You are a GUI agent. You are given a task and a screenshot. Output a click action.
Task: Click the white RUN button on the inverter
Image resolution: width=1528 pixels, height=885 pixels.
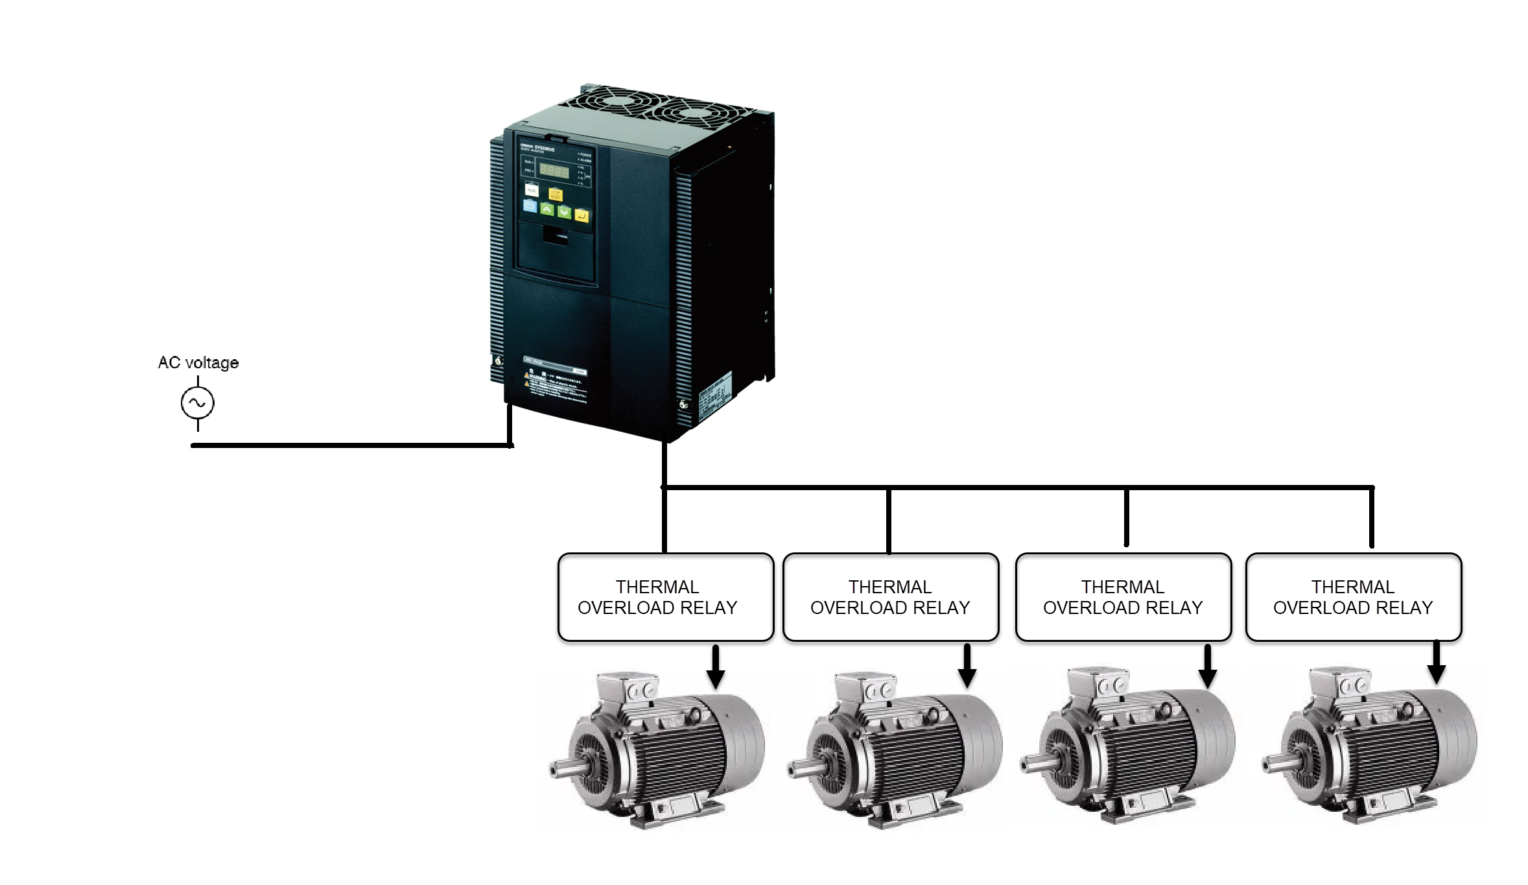[x=532, y=189]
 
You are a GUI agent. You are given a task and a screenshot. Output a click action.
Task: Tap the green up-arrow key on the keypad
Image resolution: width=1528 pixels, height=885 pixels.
[x=547, y=209]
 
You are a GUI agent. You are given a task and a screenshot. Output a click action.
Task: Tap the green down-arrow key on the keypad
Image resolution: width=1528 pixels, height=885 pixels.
[x=565, y=212]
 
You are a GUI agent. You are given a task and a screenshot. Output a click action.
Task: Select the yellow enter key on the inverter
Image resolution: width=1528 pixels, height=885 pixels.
[x=582, y=216]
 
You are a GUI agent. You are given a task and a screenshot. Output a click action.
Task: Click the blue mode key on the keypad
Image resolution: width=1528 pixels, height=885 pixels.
[x=530, y=206]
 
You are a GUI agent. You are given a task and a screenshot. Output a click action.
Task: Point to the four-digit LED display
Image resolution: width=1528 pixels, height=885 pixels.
[x=554, y=172]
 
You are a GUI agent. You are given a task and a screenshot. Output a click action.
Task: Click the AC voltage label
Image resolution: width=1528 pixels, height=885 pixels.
[x=198, y=362]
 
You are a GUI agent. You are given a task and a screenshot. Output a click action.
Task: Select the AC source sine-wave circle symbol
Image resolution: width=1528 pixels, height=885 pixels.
[x=197, y=403]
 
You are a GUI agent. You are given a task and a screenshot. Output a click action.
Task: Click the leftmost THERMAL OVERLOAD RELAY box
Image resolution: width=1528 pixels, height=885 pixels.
[x=665, y=597]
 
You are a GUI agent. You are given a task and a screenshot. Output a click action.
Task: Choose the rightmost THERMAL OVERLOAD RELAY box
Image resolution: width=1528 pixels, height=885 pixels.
[x=1353, y=597]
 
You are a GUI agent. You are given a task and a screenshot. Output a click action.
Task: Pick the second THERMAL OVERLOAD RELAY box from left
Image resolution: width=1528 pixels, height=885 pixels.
[x=890, y=597]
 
